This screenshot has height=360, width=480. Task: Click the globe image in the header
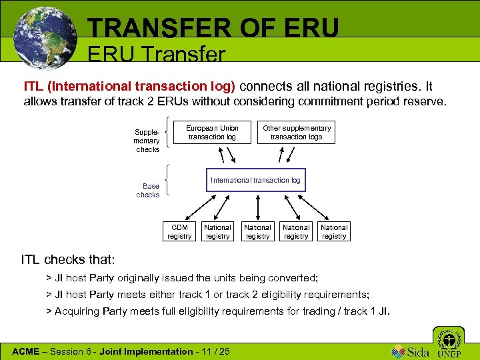point(45,38)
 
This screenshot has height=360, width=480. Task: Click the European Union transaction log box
point(212,132)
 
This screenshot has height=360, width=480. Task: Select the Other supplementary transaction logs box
point(297,132)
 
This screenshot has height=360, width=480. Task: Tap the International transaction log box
point(255,180)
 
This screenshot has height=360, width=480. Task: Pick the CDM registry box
point(179,231)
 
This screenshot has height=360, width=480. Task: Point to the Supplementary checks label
point(147,141)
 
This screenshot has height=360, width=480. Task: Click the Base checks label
point(148,190)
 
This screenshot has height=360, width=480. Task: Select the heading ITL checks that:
point(69,258)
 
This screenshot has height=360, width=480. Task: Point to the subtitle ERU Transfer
point(157,55)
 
